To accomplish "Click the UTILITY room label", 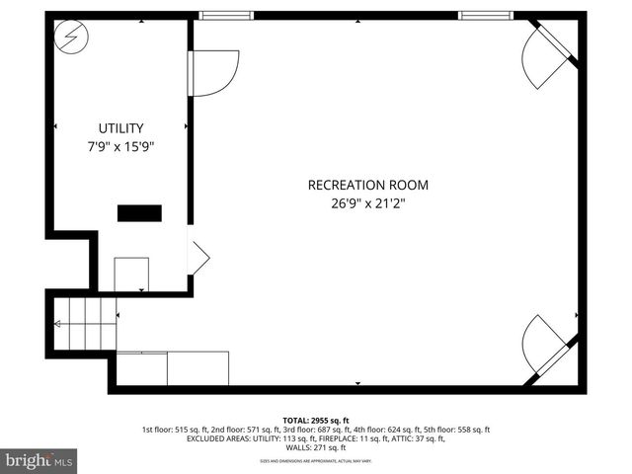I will point(120,128).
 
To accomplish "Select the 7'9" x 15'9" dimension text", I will point(120,146).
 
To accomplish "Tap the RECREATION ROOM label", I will point(368,185).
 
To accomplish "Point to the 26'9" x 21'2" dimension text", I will point(368,203).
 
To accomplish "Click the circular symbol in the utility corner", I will point(72,39).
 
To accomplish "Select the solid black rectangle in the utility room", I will point(139,212).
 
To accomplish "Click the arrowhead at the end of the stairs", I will point(58,323).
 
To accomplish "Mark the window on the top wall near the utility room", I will point(226,15).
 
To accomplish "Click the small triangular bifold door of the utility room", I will point(197,258).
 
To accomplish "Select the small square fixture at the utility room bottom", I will point(131,274).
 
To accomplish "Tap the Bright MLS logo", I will point(39,460).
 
